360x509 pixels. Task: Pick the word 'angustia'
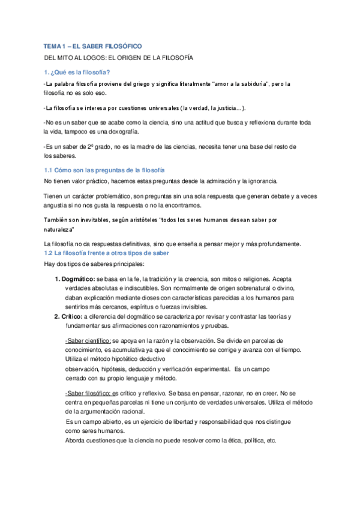coord(56,205)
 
